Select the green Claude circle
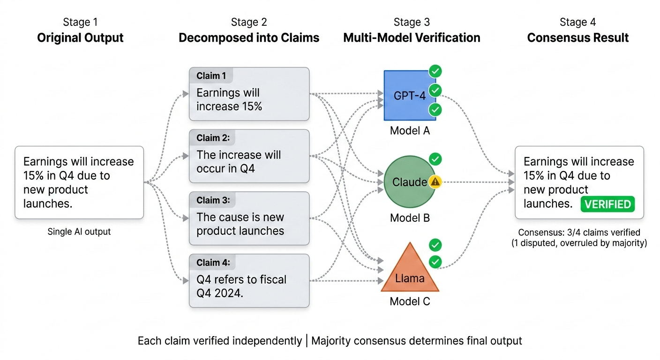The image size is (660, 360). tap(409, 182)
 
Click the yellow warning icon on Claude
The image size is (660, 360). tap(435, 182)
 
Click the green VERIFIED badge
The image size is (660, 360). tap(607, 204)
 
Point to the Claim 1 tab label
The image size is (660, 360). tap(211, 76)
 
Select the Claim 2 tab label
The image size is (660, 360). tap(213, 138)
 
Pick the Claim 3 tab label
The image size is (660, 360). tap(213, 200)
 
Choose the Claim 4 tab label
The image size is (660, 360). tap(213, 262)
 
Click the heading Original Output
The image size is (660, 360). tap(80, 38)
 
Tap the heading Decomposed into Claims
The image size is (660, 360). tap(249, 38)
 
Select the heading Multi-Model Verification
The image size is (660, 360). tap(412, 38)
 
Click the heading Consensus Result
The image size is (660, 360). tap(578, 38)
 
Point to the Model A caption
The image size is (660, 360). tap(410, 131)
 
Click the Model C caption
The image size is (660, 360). tap(410, 301)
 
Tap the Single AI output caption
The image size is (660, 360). tap(79, 232)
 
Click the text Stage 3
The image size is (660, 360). tap(412, 22)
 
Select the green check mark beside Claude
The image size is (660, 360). tap(435, 159)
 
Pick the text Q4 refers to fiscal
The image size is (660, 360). tap(241, 280)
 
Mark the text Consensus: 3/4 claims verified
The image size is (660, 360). tap(579, 232)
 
